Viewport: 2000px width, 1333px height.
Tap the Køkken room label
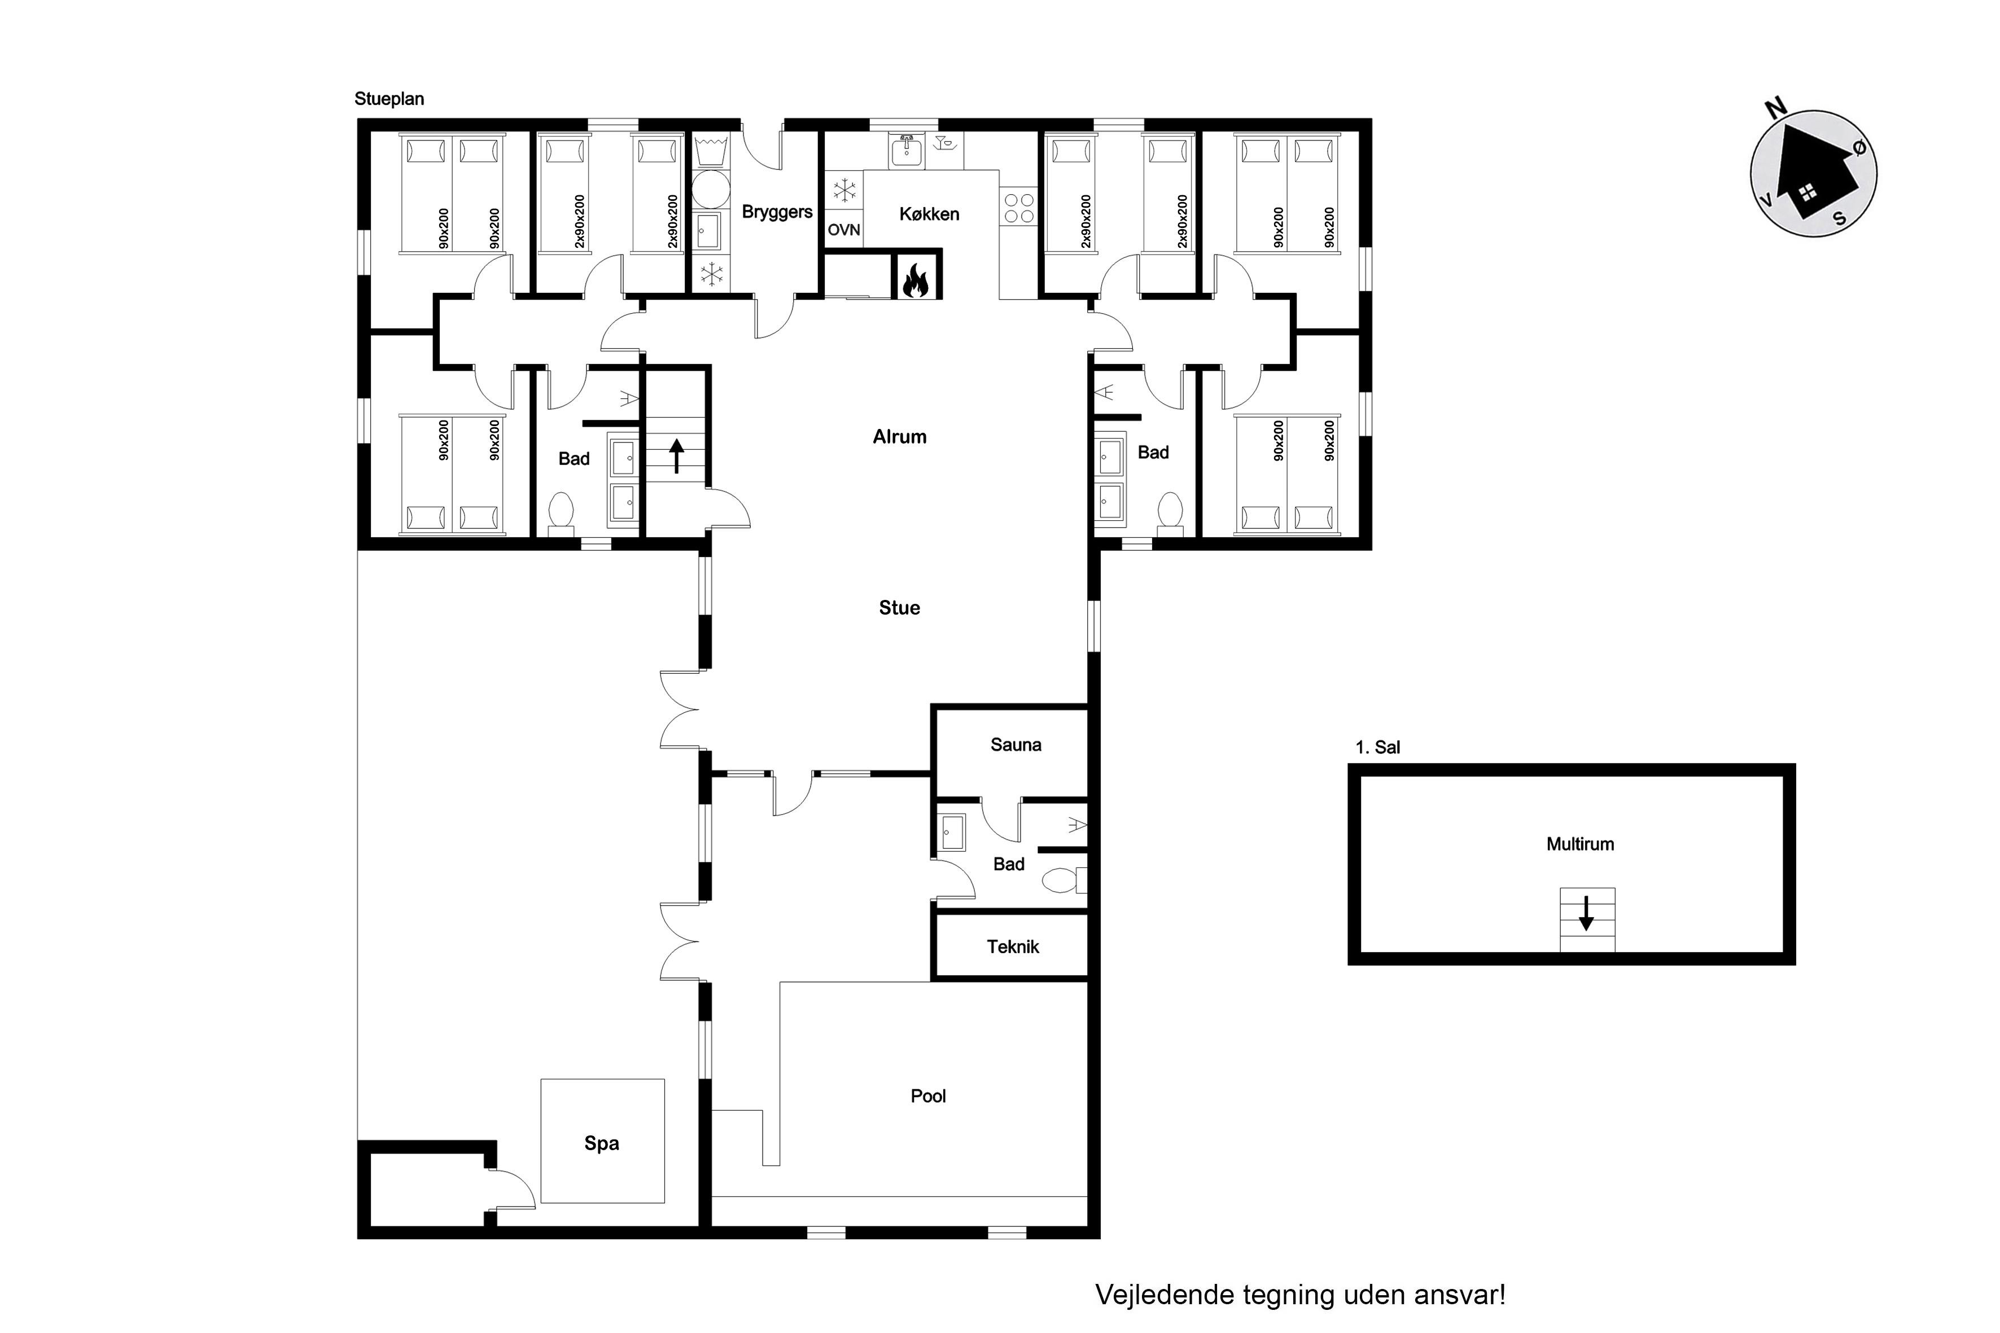[x=929, y=214]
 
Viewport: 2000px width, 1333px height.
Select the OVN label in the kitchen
[x=843, y=230]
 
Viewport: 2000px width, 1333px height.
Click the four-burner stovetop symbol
[x=1019, y=208]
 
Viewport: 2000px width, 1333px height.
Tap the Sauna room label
[x=1016, y=745]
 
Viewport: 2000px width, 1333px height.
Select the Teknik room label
[x=1013, y=947]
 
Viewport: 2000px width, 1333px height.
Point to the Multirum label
[x=1580, y=844]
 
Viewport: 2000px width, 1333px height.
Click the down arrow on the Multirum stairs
[x=1586, y=913]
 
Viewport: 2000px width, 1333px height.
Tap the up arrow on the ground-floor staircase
[x=677, y=455]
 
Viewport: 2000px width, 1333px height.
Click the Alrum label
[x=900, y=437]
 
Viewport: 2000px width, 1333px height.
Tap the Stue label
[x=900, y=608]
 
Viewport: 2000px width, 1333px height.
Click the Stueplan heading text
[x=390, y=99]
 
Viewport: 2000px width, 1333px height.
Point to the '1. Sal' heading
[x=1377, y=747]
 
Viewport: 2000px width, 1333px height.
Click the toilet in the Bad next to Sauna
[x=1064, y=880]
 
